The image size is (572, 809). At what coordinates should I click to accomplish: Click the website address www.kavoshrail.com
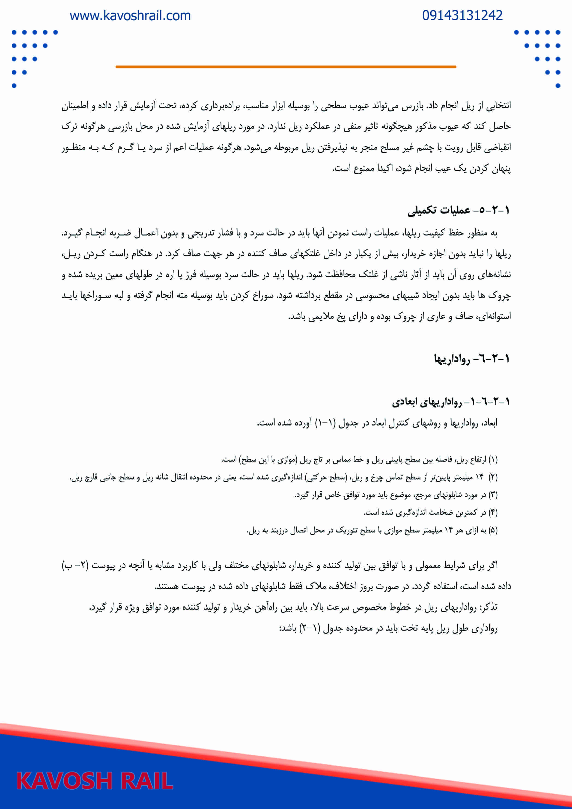pyautogui.click(x=130, y=16)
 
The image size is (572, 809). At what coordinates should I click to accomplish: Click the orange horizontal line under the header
pyautogui.click(x=286, y=67)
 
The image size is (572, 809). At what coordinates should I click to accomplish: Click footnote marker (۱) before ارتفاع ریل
pyautogui.click(x=493, y=459)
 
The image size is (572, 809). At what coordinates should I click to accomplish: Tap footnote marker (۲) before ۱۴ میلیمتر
pyautogui.click(x=493, y=477)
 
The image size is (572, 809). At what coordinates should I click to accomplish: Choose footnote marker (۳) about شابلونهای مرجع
pyautogui.click(x=493, y=495)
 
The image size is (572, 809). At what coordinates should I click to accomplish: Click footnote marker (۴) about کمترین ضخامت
pyautogui.click(x=493, y=512)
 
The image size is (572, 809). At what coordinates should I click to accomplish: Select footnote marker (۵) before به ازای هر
pyautogui.click(x=493, y=530)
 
